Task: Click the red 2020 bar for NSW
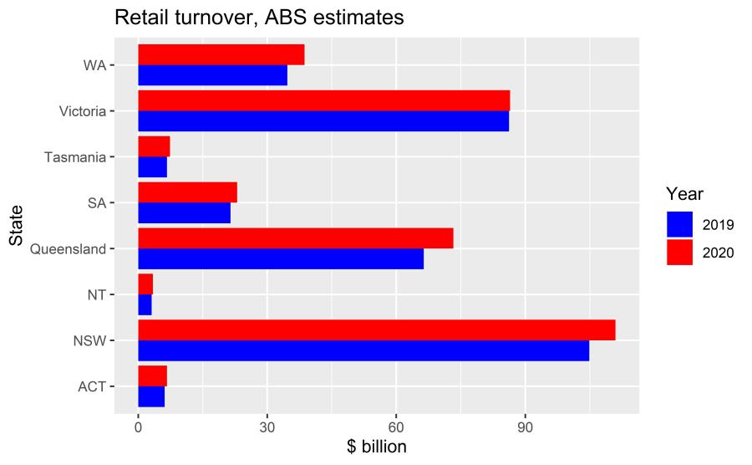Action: click(376, 330)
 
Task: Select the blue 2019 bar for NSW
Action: click(363, 351)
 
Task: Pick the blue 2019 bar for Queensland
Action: click(281, 259)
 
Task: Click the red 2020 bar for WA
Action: click(221, 54)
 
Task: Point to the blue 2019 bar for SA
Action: click(184, 213)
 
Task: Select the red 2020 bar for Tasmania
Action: click(154, 146)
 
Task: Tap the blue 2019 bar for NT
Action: click(145, 305)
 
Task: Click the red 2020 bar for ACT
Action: click(152, 376)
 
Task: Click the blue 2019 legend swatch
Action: click(680, 224)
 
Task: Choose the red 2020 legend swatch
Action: click(680, 253)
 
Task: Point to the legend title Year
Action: click(684, 194)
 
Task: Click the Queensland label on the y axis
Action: click(68, 249)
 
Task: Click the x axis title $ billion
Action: click(377, 447)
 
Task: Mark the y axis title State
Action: click(16, 226)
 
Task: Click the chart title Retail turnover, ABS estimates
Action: click(259, 17)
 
